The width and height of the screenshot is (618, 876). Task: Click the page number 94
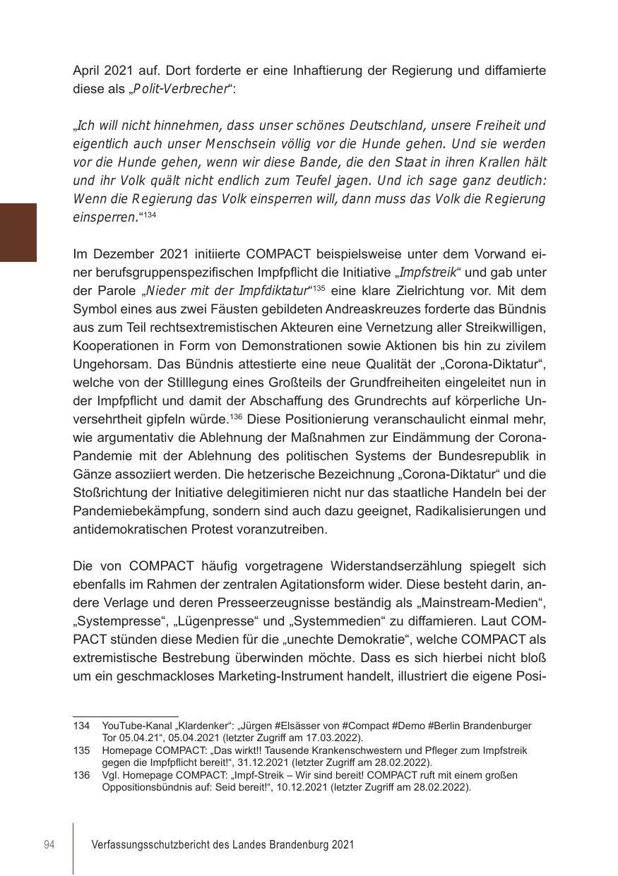click(49, 845)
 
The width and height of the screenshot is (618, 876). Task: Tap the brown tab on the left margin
click(18, 232)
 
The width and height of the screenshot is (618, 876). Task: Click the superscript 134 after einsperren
click(150, 215)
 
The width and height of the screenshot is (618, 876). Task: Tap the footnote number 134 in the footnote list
click(81, 726)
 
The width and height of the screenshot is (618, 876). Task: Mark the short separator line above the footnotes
click(125, 716)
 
